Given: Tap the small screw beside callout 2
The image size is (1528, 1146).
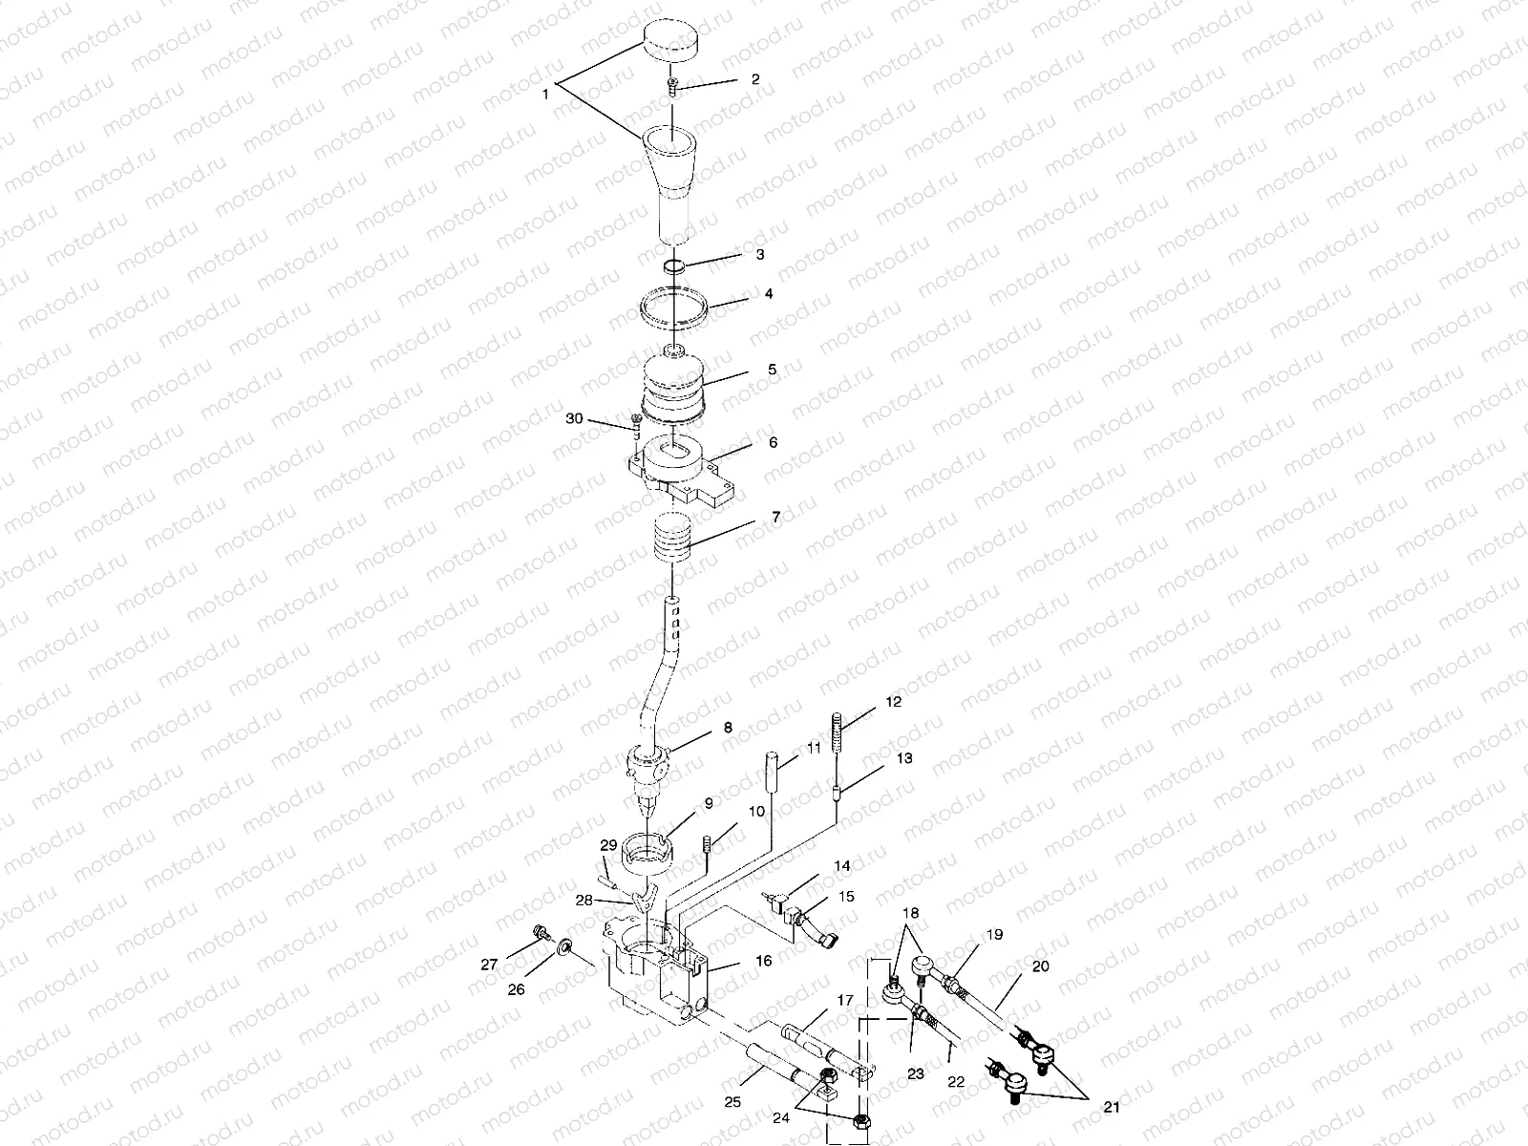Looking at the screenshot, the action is tap(673, 86).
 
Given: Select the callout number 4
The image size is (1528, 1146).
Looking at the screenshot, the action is tap(769, 293).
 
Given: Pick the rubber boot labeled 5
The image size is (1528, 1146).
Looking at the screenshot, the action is tap(673, 390).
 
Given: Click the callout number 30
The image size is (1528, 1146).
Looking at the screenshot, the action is tap(574, 418).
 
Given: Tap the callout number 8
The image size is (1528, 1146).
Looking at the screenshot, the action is tap(728, 728).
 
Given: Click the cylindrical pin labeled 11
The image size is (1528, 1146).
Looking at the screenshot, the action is tap(772, 771).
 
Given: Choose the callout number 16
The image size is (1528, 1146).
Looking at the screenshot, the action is tap(764, 961).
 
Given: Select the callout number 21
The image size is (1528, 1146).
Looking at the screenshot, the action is tap(1112, 1106).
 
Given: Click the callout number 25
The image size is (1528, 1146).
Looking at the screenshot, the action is tap(732, 1102).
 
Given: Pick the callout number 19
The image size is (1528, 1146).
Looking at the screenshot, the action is tap(995, 935).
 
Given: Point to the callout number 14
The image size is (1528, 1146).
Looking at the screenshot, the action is tap(842, 866).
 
